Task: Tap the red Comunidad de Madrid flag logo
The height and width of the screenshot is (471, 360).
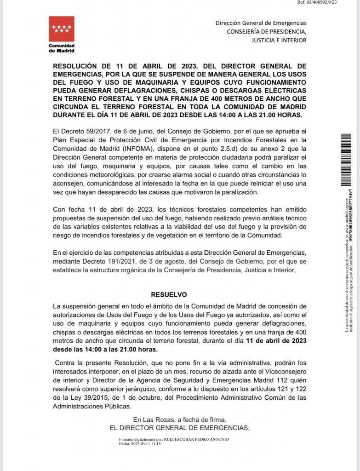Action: coord(61,29)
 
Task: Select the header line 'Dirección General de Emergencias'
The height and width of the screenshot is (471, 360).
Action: coord(261,23)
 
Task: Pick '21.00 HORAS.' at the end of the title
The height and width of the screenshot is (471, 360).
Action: coord(283,115)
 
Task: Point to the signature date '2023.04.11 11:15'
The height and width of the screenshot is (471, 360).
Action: coord(146,444)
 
